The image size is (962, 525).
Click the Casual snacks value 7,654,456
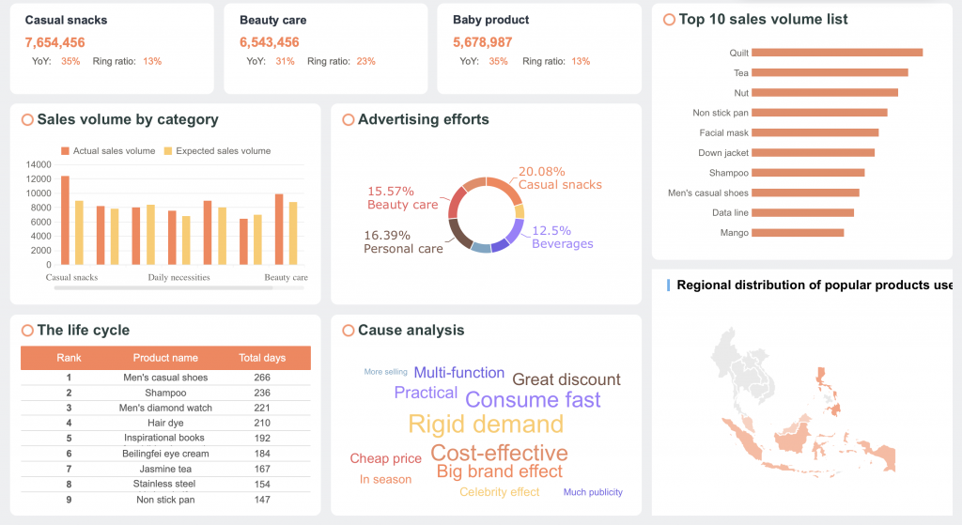[55, 42]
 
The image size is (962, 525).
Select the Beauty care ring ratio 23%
[365, 61]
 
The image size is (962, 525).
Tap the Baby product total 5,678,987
[482, 42]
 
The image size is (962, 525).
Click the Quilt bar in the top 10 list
[836, 53]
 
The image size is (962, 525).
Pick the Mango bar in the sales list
[797, 232]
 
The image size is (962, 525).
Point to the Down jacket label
[723, 153]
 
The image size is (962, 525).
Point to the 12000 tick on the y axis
[39, 178]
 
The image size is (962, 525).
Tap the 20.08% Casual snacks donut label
[559, 178]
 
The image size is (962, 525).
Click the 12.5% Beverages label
[562, 237]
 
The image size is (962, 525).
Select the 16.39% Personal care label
[403, 241]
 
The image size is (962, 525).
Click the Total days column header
[262, 358]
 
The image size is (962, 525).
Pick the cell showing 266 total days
[262, 378]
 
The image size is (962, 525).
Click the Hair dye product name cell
[165, 423]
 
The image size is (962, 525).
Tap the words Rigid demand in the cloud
[486, 424]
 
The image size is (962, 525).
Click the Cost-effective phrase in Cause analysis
[499, 454]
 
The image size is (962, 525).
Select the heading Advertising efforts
[423, 119]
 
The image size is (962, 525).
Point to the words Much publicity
[593, 492]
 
